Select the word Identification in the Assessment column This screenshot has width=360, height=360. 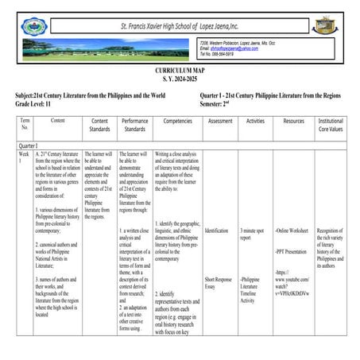pos(216,230)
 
